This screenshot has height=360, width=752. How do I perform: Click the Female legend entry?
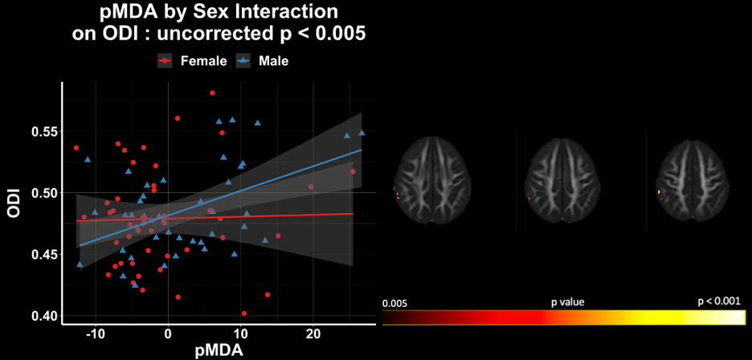click(192, 61)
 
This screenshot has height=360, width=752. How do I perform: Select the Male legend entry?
click(263, 61)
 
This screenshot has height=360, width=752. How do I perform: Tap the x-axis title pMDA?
click(219, 350)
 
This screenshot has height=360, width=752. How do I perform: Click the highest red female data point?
click(212, 92)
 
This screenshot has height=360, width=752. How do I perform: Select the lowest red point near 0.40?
click(244, 313)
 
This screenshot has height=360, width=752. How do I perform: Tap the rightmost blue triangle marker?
click(362, 133)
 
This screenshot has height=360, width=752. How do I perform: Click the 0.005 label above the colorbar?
click(394, 304)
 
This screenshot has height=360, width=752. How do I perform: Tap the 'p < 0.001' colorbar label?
click(719, 301)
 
